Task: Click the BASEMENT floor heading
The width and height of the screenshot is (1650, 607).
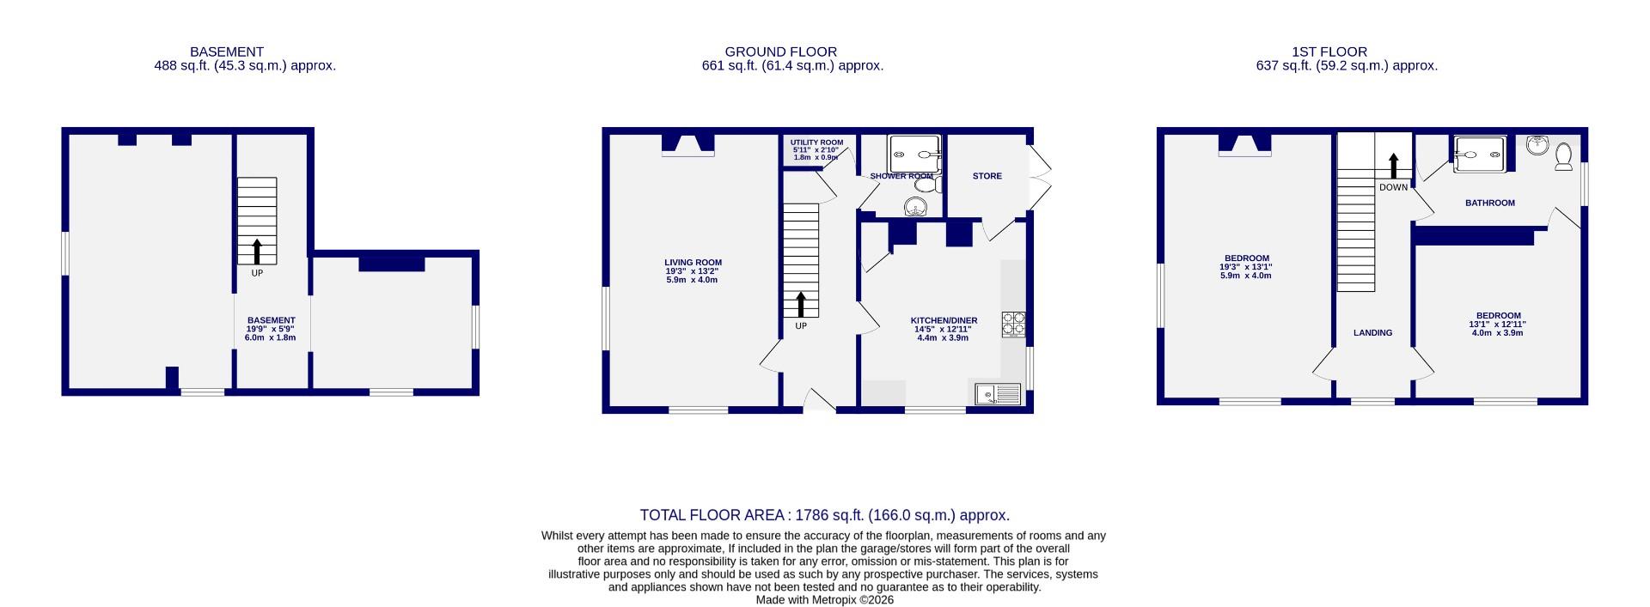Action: click(x=227, y=52)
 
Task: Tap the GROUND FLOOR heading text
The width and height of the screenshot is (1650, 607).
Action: click(x=780, y=52)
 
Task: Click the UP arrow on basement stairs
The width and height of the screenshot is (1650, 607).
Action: click(x=257, y=251)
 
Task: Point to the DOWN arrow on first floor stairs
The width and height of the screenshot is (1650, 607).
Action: click(x=1393, y=166)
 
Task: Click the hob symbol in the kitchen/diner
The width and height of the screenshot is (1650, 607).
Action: click(x=1013, y=324)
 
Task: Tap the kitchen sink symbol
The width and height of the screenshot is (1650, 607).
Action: click(x=998, y=394)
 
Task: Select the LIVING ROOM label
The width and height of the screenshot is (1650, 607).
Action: click(x=693, y=263)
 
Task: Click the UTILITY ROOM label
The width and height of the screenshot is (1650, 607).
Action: click(x=816, y=143)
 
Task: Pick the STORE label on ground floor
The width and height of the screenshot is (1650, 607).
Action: click(x=987, y=176)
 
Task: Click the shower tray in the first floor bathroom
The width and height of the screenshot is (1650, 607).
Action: click(x=1479, y=155)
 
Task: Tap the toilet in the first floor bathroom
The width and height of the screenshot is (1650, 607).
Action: click(x=1563, y=156)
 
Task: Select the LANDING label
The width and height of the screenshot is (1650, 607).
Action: click(x=1372, y=332)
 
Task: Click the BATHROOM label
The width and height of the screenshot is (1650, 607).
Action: click(x=1489, y=203)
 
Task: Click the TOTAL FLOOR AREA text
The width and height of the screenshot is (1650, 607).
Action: click(x=824, y=515)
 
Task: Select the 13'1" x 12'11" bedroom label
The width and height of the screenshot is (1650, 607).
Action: click(x=1498, y=324)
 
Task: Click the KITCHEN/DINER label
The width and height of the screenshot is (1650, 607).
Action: click(x=944, y=320)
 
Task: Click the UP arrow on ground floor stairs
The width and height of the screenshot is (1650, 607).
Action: click(x=801, y=305)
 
